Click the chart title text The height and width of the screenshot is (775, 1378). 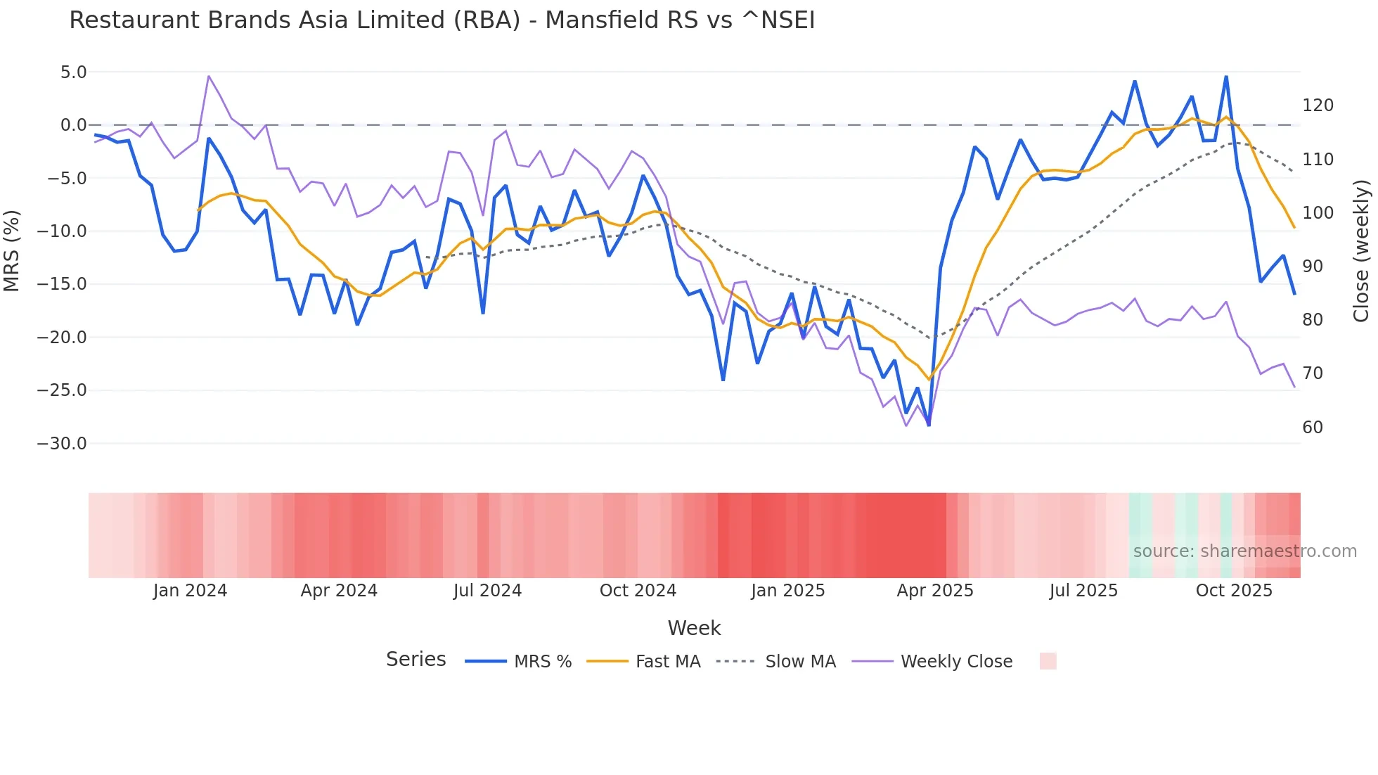coord(442,20)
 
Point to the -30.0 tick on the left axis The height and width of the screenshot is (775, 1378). coord(62,444)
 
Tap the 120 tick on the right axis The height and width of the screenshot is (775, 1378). coord(1318,105)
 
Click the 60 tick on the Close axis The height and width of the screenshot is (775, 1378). coord(1312,428)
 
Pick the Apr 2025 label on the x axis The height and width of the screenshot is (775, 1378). coord(934,591)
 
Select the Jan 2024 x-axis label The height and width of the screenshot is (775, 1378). coord(190,591)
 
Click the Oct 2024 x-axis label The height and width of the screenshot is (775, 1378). coord(638,591)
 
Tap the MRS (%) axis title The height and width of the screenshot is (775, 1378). coord(12,251)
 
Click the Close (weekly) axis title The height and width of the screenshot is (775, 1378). coord(1361,251)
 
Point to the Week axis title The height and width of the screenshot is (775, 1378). coord(694,628)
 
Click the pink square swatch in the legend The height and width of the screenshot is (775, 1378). coord(1048,661)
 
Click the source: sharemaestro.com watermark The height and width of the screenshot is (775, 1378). coord(1244,551)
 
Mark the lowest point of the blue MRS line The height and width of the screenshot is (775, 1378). coord(929,425)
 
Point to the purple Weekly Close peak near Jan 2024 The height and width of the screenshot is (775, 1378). coord(209,76)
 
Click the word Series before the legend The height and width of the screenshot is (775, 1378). coord(416,660)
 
